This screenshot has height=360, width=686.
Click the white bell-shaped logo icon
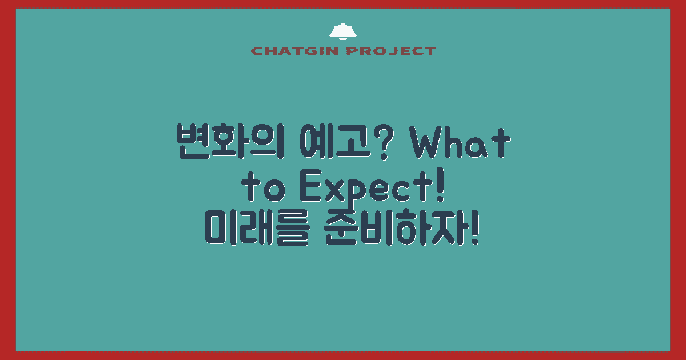click(343, 32)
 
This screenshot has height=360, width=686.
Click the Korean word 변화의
click(232, 143)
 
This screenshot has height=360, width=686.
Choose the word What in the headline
click(461, 143)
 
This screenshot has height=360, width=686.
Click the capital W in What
click(430, 143)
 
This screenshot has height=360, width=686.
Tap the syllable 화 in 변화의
click(232, 143)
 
